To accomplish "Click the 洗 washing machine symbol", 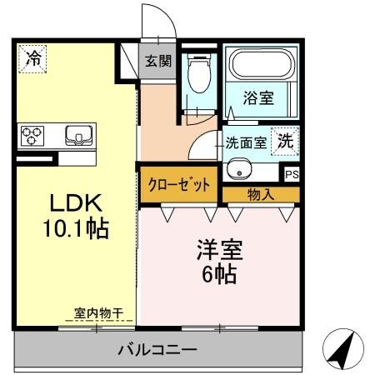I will [285, 142].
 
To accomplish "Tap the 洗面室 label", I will [247, 142].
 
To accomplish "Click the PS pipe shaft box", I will [291, 175].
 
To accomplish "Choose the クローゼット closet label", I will [178, 184].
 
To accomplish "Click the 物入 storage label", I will [261, 194].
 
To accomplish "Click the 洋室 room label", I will [219, 248].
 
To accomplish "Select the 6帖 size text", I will [219, 272].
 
